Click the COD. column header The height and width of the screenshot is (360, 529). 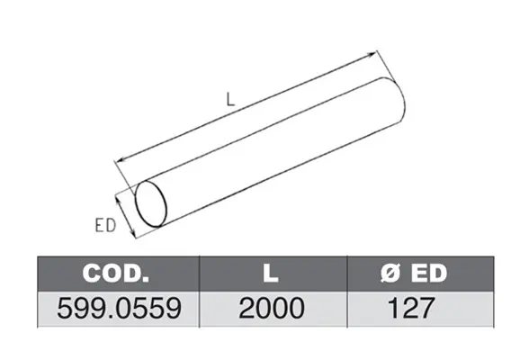[115, 273]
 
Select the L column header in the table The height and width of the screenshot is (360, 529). [271, 273]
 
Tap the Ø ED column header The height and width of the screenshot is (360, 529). [414, 273]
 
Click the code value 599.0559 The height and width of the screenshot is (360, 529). [119, 309]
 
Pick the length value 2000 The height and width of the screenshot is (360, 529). [272, 309]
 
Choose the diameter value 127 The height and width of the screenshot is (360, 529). [410, 309]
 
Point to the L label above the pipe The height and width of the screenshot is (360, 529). [230, 100]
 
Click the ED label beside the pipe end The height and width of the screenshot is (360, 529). [105, 226]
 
